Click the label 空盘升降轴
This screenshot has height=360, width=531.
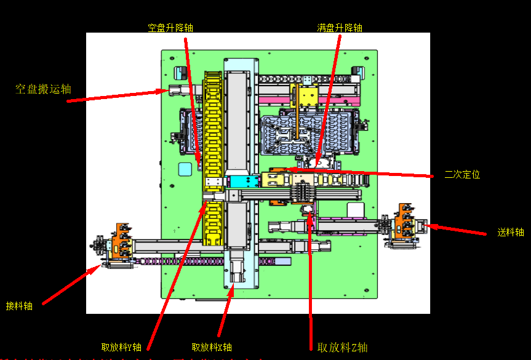[170, 28]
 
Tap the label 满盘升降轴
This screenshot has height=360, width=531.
[340, 28]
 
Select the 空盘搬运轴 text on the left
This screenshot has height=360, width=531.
[43, 89]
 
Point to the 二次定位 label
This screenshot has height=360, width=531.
[462, 174]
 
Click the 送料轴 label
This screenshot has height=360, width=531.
[511, 232]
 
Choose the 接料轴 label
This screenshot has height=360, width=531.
[19, 305]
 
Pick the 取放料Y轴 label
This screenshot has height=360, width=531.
[121, 346]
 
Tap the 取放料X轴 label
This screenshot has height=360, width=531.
[212, 347]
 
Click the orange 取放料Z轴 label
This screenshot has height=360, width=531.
[343, 347]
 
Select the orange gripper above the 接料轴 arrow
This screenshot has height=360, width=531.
[122, 240]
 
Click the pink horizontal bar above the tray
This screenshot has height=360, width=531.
[308, 100]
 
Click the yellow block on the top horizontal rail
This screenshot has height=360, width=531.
[307, 97]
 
